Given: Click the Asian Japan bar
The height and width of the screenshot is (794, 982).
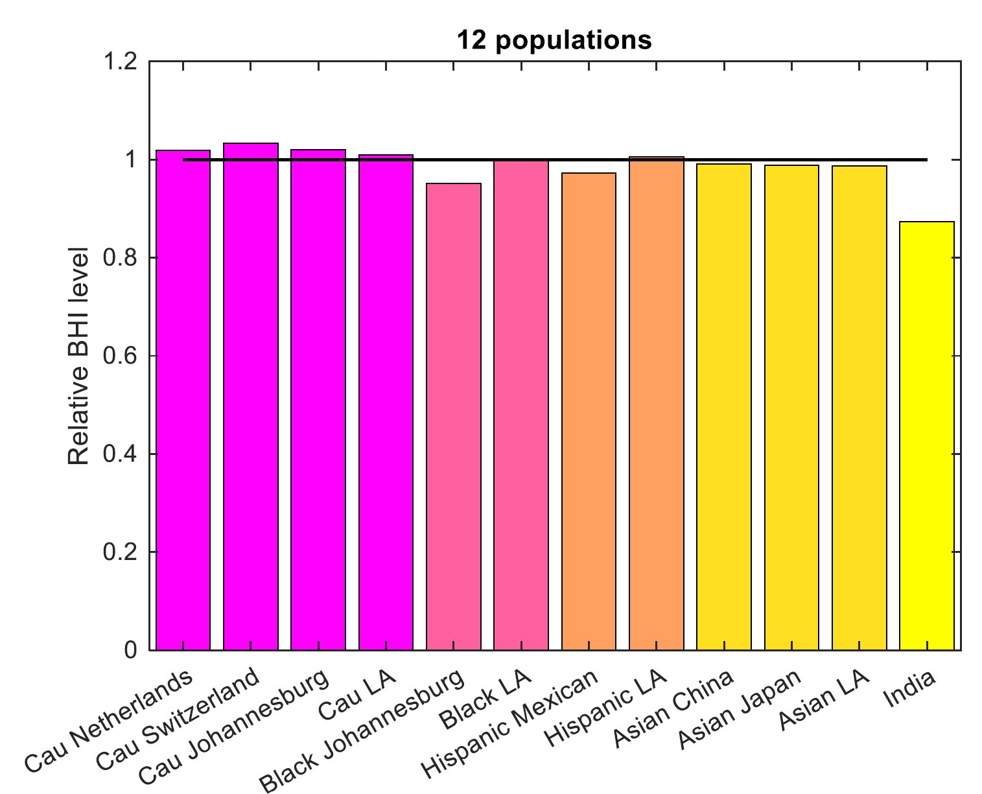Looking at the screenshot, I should [x=791, y=408].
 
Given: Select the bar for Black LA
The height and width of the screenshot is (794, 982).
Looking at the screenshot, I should [x=521, y=405].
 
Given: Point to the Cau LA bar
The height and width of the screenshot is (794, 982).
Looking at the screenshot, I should [x=386, y=403].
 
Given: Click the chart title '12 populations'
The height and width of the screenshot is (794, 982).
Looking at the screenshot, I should [x=554, y=40].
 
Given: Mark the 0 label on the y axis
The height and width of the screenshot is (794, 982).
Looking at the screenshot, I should [x=132, y=650].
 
